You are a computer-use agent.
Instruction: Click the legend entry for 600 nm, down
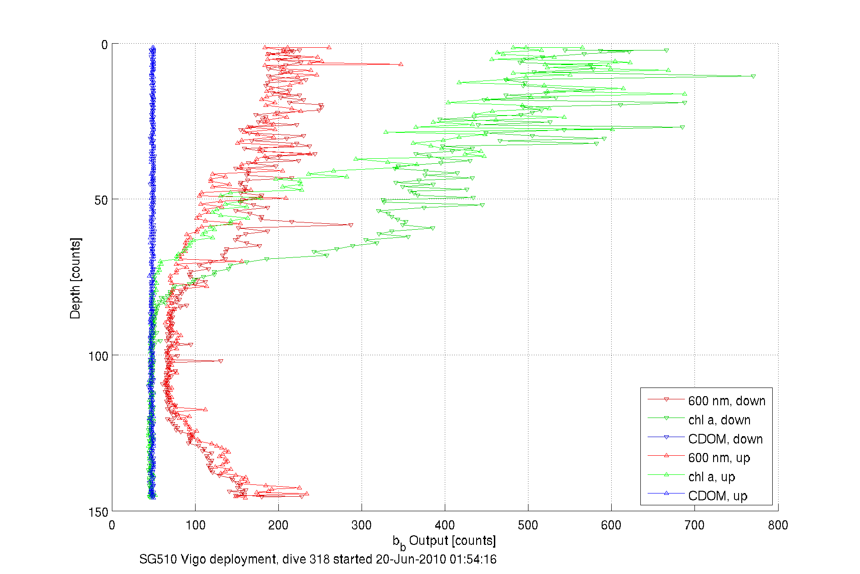(x=726, y=401)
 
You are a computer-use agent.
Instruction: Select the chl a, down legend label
(x=719, y=420)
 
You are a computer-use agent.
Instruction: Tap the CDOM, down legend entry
(x=725, y=439)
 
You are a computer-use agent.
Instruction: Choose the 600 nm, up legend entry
(x=719, y=458)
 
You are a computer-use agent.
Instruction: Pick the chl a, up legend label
(x=711, y=477)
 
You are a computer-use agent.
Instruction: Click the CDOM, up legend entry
(x=717, y=496)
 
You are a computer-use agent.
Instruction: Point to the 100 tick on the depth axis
(x=98, y=356)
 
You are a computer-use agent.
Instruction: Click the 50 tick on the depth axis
(x=101, y=200)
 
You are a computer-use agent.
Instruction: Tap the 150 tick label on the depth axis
(x=98, y=512)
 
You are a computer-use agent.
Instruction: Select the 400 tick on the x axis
(x=445, y=525)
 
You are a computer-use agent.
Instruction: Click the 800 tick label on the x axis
(x=778, y=525)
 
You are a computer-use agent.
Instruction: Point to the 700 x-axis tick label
(x=694, y=525)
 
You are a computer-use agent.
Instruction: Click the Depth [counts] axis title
(x=75, y=278)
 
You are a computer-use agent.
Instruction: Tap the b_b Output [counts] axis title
(x=444, y=541)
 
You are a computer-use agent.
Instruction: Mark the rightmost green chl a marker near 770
(x=754, y=76)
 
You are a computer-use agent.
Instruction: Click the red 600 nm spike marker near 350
(x=401, y=64)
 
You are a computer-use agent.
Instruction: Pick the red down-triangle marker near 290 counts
(x=351, y=225)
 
